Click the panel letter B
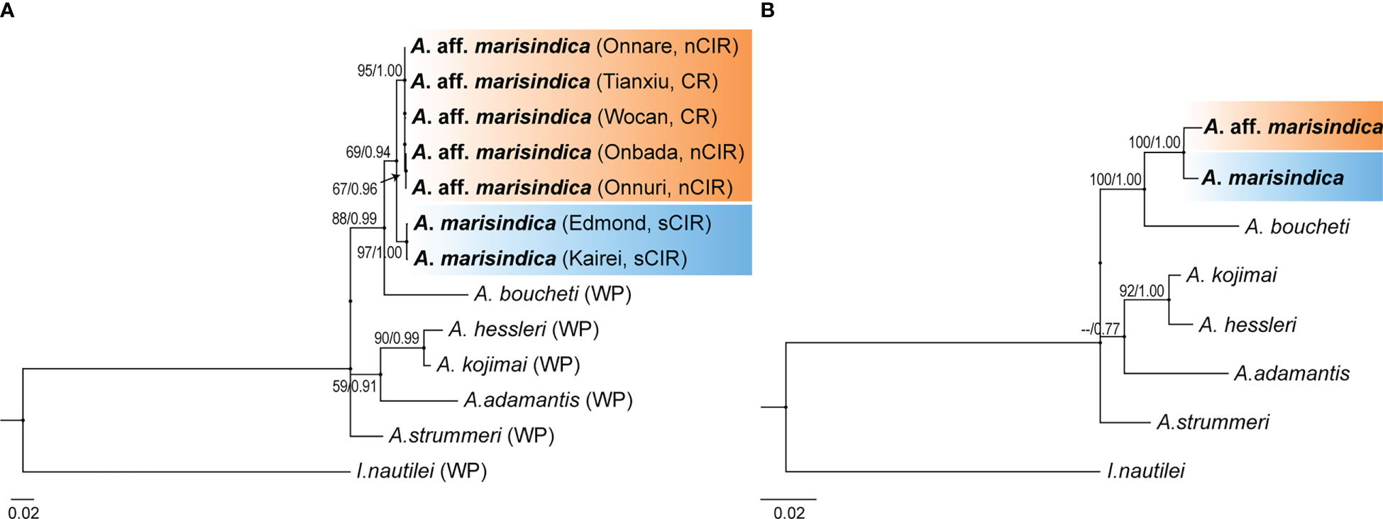pos(767,10)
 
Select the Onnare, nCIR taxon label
pos(575,46)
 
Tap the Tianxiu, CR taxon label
pos(565,82)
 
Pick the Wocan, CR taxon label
pos(564,116)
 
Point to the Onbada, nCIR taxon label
pos(578,152)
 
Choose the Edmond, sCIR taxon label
pos(563,223)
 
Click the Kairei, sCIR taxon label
pos(551,258)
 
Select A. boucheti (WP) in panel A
pos(552,294)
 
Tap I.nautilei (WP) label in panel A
pos(421,471)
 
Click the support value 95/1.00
pos(380,71)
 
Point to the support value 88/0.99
pos(354,219)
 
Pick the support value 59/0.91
pos(355,387)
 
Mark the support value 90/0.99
pos(397,338)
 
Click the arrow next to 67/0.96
pos(390,178)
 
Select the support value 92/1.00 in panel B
pos(1142,291)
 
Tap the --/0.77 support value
pos(1100,329)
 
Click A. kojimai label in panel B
pos(1231,275)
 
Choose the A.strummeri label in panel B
pos(1213,423)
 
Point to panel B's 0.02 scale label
pos(789,513)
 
